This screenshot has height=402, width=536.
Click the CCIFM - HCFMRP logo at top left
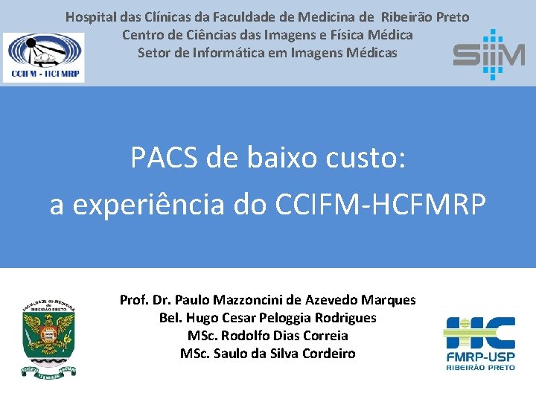(44, 57)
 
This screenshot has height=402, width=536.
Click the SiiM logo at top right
(488, 54)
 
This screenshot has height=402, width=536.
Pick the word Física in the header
(334, 34)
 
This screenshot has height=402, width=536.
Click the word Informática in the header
(229, 53)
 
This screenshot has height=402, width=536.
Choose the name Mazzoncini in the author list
(248, 300)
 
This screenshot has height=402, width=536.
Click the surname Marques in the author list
(388, 300)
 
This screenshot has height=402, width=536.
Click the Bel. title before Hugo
(170, 318)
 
